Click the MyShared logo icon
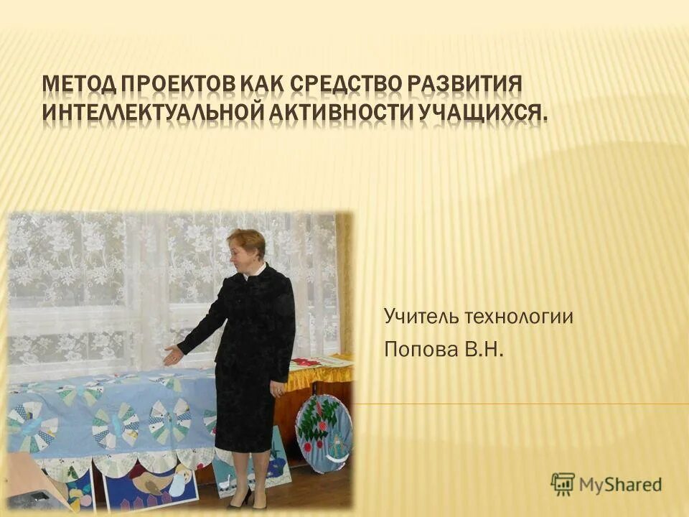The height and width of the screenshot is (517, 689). [x=563, y=484]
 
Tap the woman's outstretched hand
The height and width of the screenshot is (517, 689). [x=172, y=354]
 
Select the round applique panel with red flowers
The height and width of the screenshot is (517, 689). [x=323, y=432]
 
